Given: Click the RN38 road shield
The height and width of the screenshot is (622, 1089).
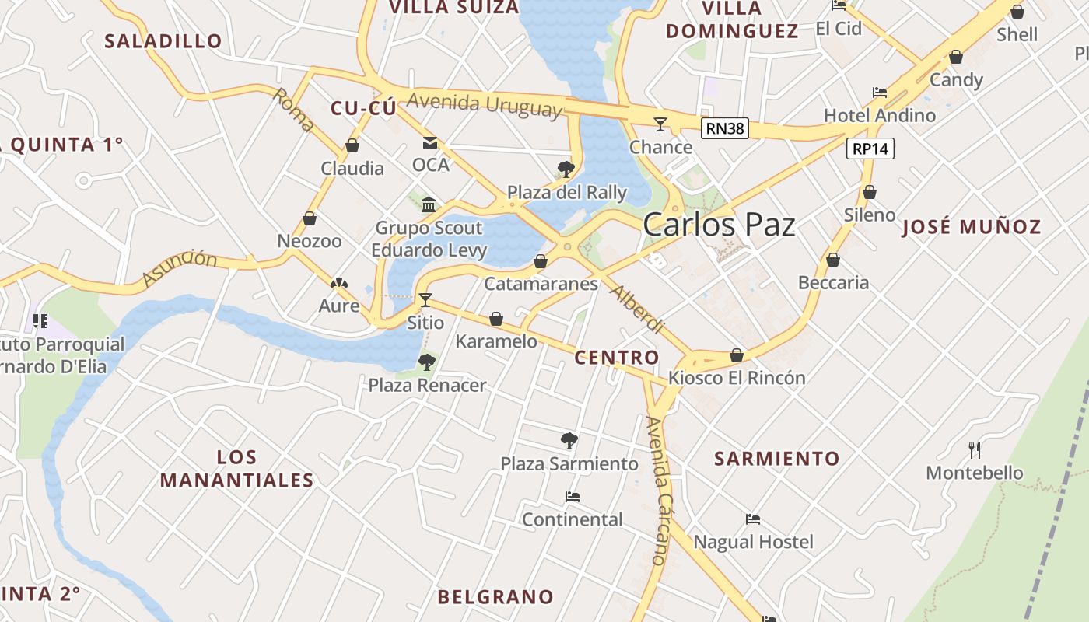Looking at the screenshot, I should point(724,128).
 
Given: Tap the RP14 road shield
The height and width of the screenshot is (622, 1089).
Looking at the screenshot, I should point(870,148).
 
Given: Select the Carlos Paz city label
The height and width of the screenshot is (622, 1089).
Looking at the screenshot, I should point(719,225).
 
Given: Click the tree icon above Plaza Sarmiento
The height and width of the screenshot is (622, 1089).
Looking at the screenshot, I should point(569,441).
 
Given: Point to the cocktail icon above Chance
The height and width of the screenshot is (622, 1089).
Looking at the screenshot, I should point(660,124).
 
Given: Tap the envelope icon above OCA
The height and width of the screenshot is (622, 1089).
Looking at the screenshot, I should point(430,142).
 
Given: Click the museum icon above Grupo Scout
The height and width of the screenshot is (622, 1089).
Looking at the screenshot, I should point(429,204).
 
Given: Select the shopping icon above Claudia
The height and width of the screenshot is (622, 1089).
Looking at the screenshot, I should point(352,145).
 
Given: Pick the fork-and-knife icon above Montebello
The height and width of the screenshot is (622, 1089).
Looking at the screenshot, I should point(974,449).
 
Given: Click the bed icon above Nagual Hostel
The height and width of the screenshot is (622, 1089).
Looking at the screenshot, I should point(752,519).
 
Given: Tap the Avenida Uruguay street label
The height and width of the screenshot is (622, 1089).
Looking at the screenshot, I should point(484,104).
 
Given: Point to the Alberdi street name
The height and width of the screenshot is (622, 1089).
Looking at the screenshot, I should point(637,309).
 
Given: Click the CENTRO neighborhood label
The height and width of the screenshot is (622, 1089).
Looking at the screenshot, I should point(616,358).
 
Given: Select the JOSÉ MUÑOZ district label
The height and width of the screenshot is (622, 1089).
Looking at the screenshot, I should point(972,227).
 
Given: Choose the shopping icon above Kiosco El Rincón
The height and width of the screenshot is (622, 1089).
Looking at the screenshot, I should point(737,355).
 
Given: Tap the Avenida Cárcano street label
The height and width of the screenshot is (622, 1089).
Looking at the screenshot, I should point(658,490).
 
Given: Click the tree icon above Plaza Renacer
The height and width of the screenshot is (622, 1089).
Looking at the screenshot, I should point(426,362).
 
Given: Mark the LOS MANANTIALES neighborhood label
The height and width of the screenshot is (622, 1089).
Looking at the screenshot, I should point(237,469).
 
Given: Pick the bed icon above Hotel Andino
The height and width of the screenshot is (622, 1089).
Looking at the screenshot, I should point(880,92).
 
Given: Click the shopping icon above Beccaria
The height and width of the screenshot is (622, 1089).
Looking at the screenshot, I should point(833,260).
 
